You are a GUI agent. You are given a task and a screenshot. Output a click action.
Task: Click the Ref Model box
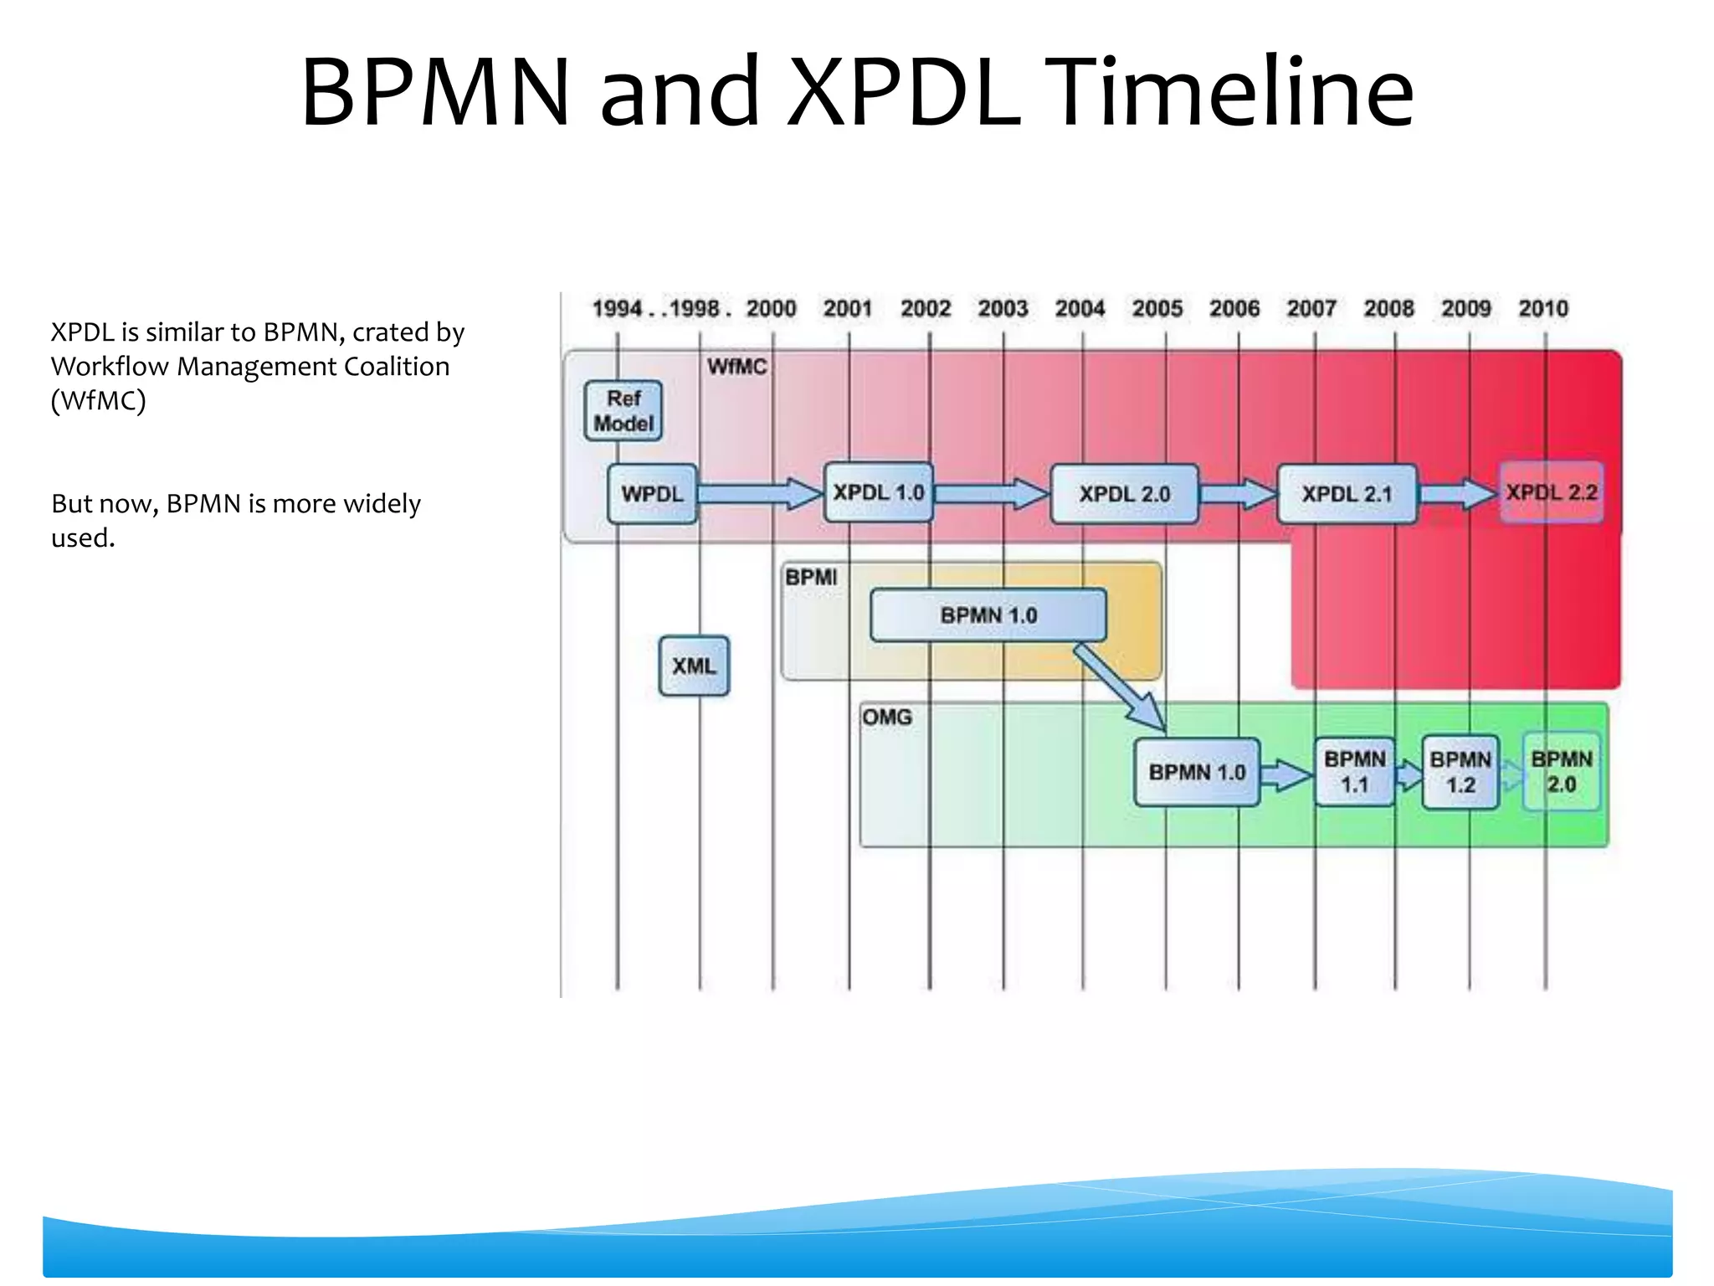pyautogui.click(x=624, y=411)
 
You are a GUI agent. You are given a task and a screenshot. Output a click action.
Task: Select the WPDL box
pyautogui.click(x=652, y=494)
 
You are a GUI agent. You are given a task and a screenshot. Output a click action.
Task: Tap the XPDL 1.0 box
pyautogui.click(x=878, y=492)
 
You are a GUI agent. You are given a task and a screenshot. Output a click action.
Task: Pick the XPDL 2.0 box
pyautogui.click(x=1124, y=494)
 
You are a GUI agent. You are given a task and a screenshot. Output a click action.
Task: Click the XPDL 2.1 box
pyautogui.click(x=1347, y=494)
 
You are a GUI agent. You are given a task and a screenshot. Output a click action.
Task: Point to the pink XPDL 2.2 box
pyautogui.click(x=1551, y=492)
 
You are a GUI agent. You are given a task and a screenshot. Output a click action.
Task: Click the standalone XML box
pyautogui.click(x=694, y=666)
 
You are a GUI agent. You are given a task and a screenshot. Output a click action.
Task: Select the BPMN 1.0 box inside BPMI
pyautogui.click(x=988, y=615)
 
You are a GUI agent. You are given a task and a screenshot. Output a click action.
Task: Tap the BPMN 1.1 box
pyautogui.click(x=1354, y=772)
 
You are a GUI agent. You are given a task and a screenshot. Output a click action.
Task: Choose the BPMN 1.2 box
pyautogui.click(x=1460, y=772)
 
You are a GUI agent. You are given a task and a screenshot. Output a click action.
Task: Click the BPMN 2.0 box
pyautogui.click(x=1561, y=772)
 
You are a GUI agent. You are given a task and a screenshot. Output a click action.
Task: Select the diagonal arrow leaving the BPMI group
pyautogui.click(x=1120, y=687)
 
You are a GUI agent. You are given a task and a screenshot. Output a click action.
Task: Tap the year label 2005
pyautogui.click(x=1157, y=309)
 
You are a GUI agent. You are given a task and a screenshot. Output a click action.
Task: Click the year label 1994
pyautogui.click(x=617, y=309)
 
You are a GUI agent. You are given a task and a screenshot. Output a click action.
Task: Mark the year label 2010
pyautogui.click(x=1543, y=309)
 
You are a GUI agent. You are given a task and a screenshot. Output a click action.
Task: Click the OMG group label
pyautogui.click(x=887, y=718)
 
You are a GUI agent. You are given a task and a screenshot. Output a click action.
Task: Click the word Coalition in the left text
pyautogui.click(x=396, y=367)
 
